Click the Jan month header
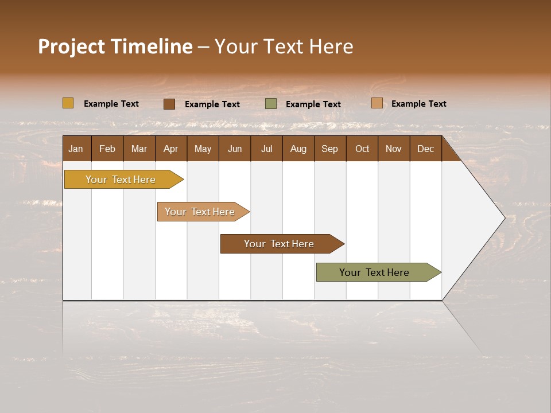click(76, 149)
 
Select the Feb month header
click(107, 149)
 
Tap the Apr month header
click(170, 149)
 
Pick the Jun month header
click(235, 149)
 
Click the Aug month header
click(298, 149)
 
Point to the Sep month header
click(329, 149)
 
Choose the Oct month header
click(362, 149)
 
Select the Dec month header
click(425, 149)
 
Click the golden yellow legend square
click(68, 103)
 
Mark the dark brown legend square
click(169, 104)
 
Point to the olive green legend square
click(271, 104)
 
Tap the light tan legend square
click(377, 103)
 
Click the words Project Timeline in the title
click(115, 46)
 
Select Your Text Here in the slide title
click(284, 46)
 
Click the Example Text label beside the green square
click(313, 104)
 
